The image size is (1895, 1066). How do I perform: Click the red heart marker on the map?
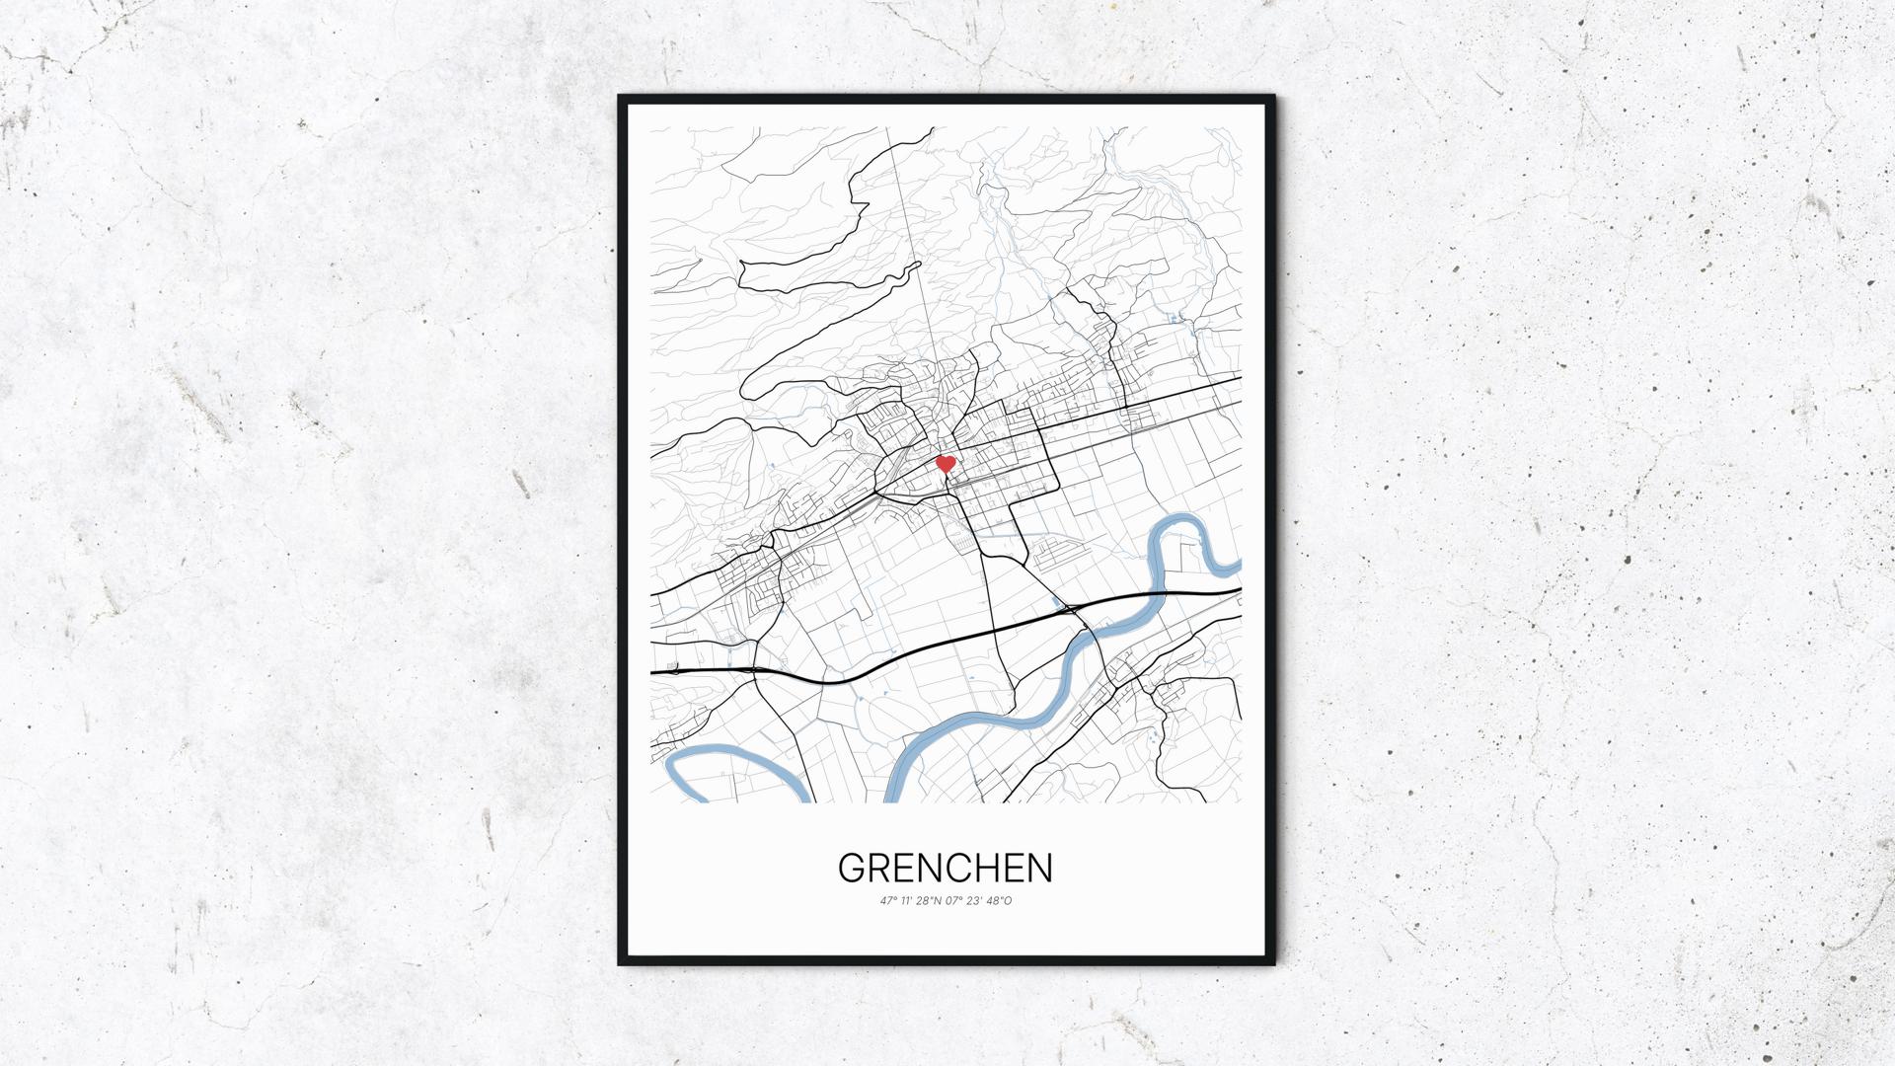(945, 463)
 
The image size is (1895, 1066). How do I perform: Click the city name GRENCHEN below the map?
(946, 868)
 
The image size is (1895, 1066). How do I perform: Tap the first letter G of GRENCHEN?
(852, 868)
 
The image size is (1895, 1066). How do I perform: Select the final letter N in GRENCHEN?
(1040, 868)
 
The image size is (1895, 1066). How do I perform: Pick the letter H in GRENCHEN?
(988, 868)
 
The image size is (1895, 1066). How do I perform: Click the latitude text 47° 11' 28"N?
(913, 900)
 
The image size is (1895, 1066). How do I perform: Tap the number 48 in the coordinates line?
(994, 900)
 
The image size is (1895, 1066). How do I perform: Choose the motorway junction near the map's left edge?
(752, 669)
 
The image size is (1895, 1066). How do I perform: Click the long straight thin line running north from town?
(913, 266)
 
